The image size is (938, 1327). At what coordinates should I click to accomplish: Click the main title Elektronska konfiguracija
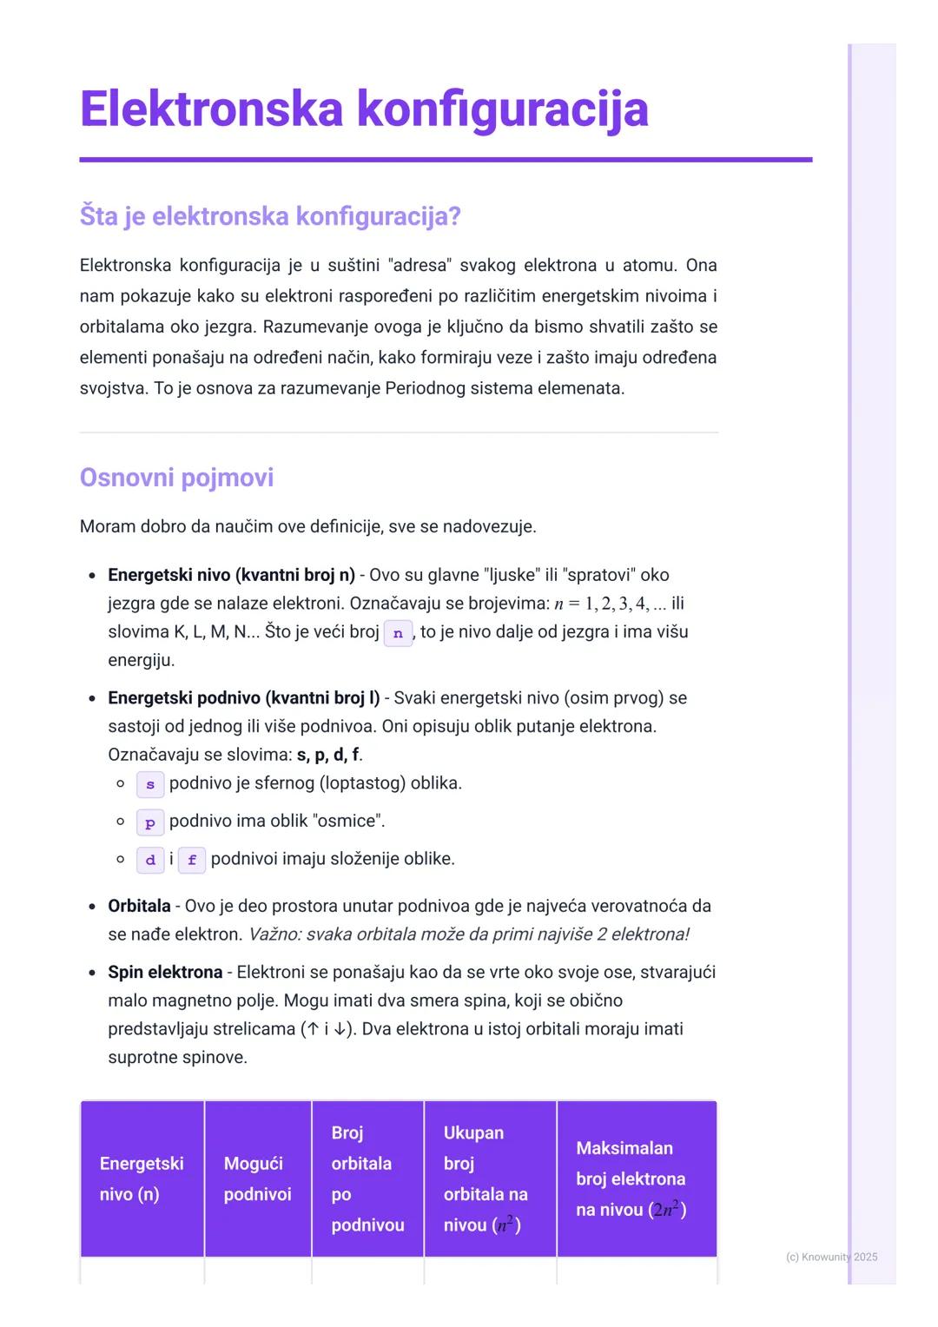[x=364, y=109]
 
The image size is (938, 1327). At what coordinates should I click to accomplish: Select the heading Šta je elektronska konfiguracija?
[x=269, y=215]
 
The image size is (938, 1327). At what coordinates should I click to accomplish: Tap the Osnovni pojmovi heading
[x=176, y=477]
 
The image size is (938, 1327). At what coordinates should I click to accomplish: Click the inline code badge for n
[x=398, y=633]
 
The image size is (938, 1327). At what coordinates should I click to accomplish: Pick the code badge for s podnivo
[x=149, y=784]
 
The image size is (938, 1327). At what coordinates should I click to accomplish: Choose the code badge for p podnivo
[x=149, y=822]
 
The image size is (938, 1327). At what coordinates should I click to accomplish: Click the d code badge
[x=149, y=861]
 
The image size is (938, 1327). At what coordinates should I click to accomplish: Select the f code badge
[x=191, y=861]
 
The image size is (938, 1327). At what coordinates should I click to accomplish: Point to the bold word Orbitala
[x=139, y=906]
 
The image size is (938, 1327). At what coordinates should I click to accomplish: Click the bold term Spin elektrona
[x=165, y=972]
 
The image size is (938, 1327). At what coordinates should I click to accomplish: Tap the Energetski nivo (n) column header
[x=142, y=1178]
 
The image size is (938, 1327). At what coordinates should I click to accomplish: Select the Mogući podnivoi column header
[x=257, y=1178]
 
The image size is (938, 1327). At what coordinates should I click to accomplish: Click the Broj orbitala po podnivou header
[x=367, y=1178]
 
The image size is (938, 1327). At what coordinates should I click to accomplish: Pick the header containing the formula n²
[x=489, y=1178]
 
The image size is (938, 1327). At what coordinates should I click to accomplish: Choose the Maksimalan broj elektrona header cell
[x=636, y=1178]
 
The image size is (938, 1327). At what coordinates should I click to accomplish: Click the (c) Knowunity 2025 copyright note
[x=831, y=1257]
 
